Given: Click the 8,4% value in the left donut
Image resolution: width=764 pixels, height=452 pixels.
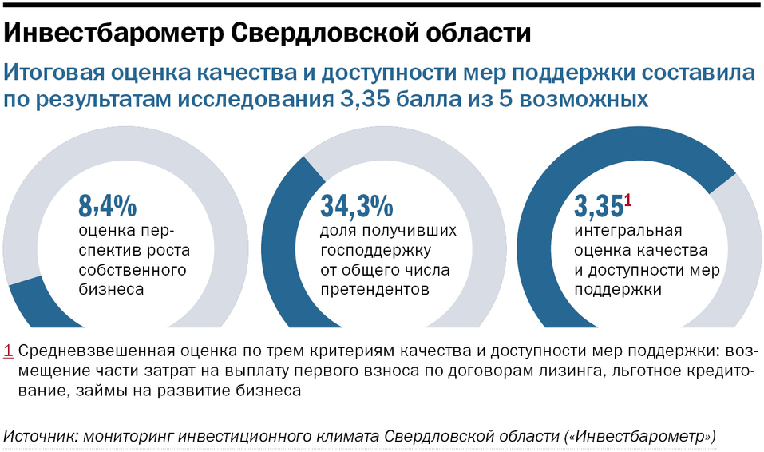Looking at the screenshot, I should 108,206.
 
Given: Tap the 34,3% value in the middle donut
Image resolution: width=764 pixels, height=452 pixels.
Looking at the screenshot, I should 356,206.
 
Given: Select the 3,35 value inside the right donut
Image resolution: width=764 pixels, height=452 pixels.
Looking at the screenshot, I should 598,206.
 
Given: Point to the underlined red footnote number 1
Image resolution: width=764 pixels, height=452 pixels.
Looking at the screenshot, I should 8,351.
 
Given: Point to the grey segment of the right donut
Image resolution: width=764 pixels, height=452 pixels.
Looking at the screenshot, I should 746,256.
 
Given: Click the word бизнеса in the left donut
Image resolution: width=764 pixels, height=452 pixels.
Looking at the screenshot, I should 111,289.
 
